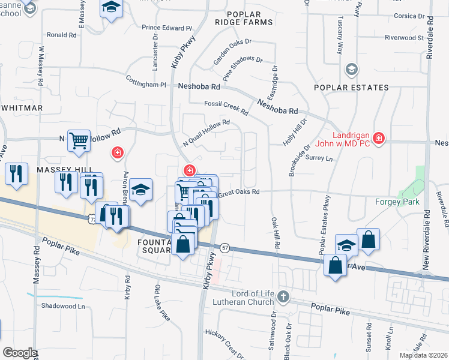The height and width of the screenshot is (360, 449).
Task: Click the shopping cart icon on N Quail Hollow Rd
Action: (79, 141)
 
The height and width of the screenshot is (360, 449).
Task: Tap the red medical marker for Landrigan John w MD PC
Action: (378, 139)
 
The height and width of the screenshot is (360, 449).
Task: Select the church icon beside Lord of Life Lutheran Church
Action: (283, 296)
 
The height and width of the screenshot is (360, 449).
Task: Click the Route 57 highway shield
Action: (225, 247)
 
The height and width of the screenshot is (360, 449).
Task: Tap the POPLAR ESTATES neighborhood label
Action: (351, 88)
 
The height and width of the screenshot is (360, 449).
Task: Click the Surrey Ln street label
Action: (319, 159)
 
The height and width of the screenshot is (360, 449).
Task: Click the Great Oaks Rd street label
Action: (238, 193)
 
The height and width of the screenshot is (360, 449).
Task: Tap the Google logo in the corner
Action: (20, 353)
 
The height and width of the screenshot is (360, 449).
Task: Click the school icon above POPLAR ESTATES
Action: (351, 70)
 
